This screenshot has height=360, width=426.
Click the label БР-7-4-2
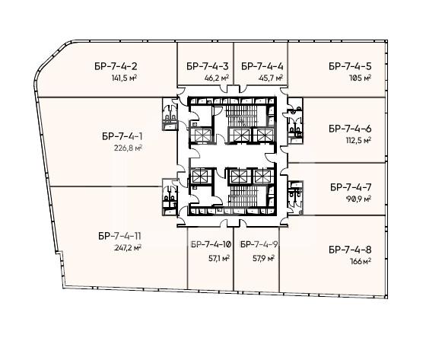[x=116, y=66]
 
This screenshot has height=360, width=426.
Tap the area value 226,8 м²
[x=129, y=148]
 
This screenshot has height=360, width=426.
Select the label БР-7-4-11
[x=120, y=236]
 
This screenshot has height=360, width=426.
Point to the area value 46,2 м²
[x=217, y=78]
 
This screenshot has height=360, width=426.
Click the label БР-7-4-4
[x=262, y=66]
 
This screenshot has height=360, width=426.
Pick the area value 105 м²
[x=360, y=78]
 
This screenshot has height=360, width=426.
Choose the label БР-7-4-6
[x=350, y=129]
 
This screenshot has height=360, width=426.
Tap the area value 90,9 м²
[x=358, y=199]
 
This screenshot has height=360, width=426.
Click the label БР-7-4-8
[x=350, y=250]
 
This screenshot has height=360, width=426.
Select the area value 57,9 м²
[x=263, y=258]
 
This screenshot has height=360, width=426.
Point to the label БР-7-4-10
[x=211, y=244]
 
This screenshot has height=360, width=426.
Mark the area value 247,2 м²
[x=128, y=247]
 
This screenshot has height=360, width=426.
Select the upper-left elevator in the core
[x=200, y=135]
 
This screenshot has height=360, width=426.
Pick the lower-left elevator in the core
[x=199, y=176]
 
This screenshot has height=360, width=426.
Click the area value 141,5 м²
[x=124, y=78]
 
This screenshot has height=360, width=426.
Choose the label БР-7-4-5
[x=350, y=66]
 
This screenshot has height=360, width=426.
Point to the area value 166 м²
[x=361, y=261]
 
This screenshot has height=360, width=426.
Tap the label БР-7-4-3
[x=208, y=66]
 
